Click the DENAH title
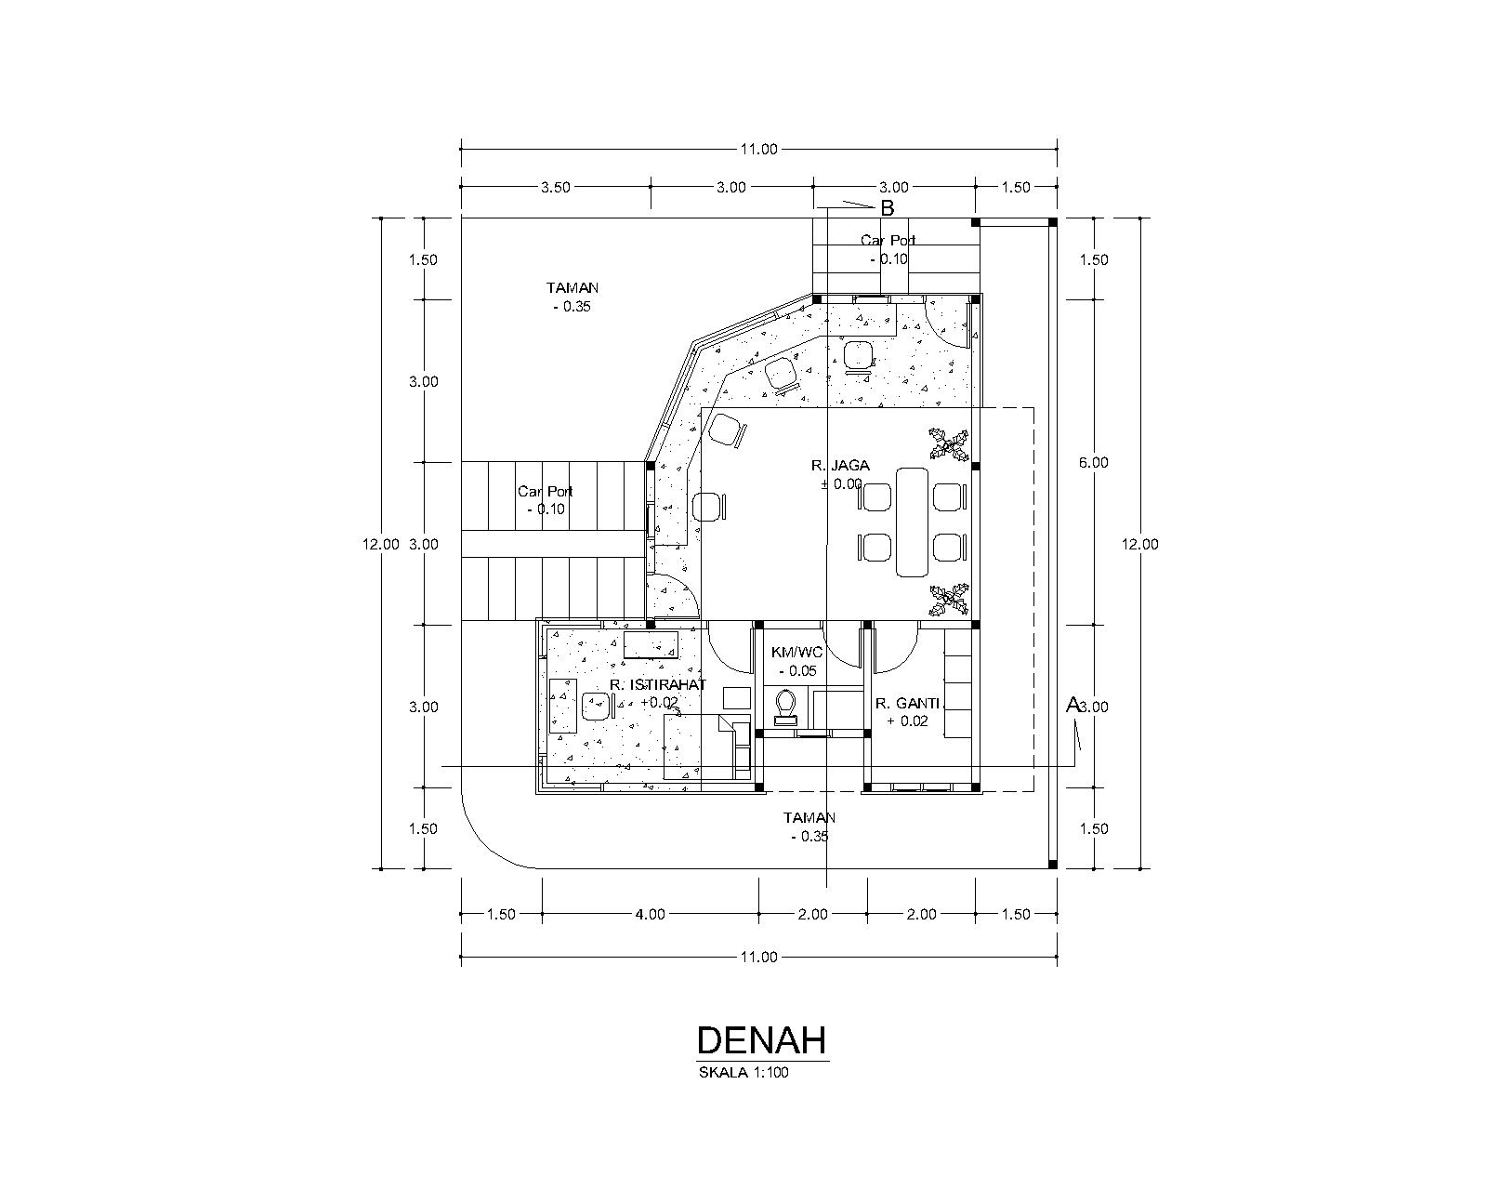(x=761, y=1038)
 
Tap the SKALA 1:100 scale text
(x=744, y=1072)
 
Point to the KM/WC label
(x=796, y=652)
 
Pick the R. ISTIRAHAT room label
(x=658, y=685)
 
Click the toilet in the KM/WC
(x=786, y=706)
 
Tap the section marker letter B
(x=887, y=208)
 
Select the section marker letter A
(x=1072, y=705)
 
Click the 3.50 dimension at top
(x=556, y=187)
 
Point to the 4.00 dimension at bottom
(x=650, y=914)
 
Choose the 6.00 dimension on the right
(x=1095, y=462)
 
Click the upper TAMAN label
(x=572, y=288)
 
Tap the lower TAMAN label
(x=809, y=818)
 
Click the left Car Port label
(x=546, y=491)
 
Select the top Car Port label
(x=888, y=240)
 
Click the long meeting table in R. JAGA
(x=912, y=522)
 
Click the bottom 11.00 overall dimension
(x=758, y=957)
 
